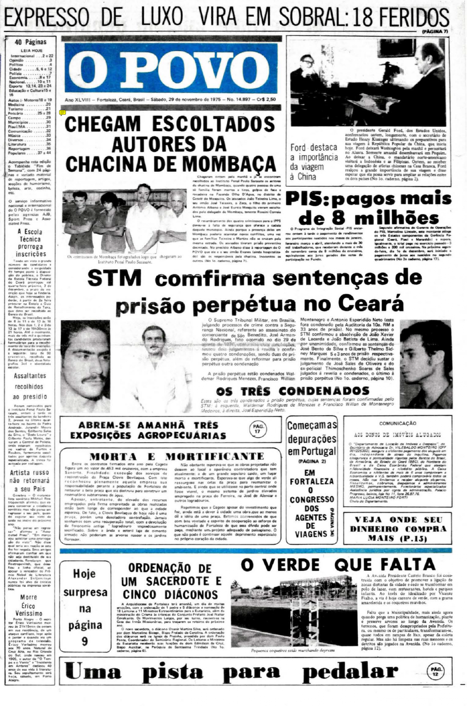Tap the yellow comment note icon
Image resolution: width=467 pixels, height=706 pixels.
click(62, 112)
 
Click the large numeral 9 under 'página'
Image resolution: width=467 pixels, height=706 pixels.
click(85, 641)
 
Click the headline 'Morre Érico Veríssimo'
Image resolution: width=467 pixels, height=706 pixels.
click(29, 605)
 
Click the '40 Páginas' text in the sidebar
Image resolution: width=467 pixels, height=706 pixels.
click(30, 42)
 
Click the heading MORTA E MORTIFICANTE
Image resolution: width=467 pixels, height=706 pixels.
click(177, 456)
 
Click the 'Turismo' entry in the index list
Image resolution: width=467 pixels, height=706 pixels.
click(16, 109)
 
